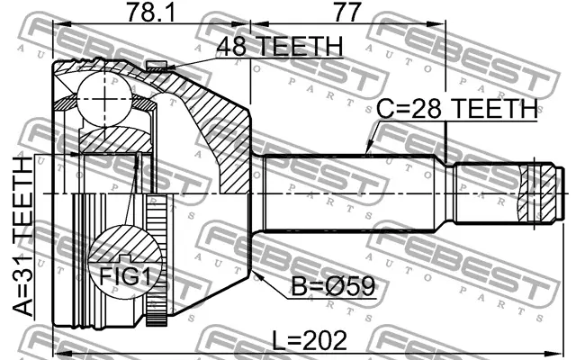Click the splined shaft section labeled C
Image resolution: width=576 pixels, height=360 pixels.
coord(351,193)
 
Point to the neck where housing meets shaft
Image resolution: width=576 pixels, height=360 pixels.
coord(255,193)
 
